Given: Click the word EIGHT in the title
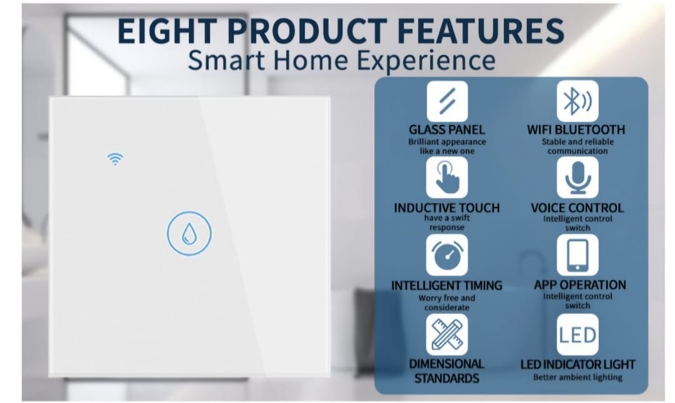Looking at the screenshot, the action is (x=167, y=31).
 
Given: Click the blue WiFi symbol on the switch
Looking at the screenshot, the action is (x=115, y=159).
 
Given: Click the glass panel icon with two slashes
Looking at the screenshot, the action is (x=447, y=102).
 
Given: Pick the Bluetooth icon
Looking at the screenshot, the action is (x=577, y=101).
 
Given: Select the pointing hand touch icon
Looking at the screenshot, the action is (x=447, y=177).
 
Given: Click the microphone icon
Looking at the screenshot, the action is (x=577, y=177).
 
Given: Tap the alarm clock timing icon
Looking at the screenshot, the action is (x=447, y=255).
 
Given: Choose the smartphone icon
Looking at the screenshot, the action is (x=577, y=255).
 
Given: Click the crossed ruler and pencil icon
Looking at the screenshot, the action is (x=447, y=334).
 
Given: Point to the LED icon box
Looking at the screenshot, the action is (x=577, y=334).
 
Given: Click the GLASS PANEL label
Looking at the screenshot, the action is (x=447, y=129).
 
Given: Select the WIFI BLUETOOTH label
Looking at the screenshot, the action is (x=576, y=129).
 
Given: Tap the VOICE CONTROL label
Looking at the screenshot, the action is (x=577, y=208).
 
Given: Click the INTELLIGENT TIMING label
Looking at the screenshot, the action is (x=447, y=286).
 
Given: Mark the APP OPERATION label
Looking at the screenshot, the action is (x=580, y=285).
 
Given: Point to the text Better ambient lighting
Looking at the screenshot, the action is (x=577, y=377).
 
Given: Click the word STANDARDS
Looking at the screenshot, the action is (x=447, y=379).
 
